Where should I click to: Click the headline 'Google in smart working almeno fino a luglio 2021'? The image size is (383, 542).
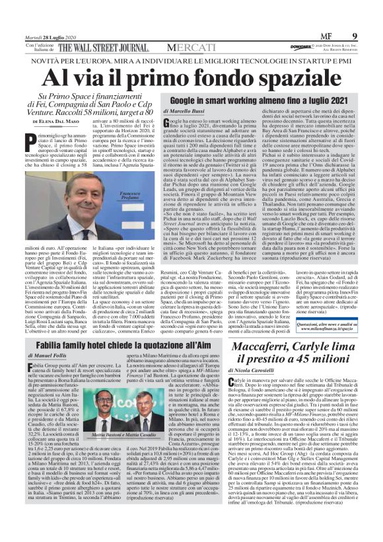coord(260,100)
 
